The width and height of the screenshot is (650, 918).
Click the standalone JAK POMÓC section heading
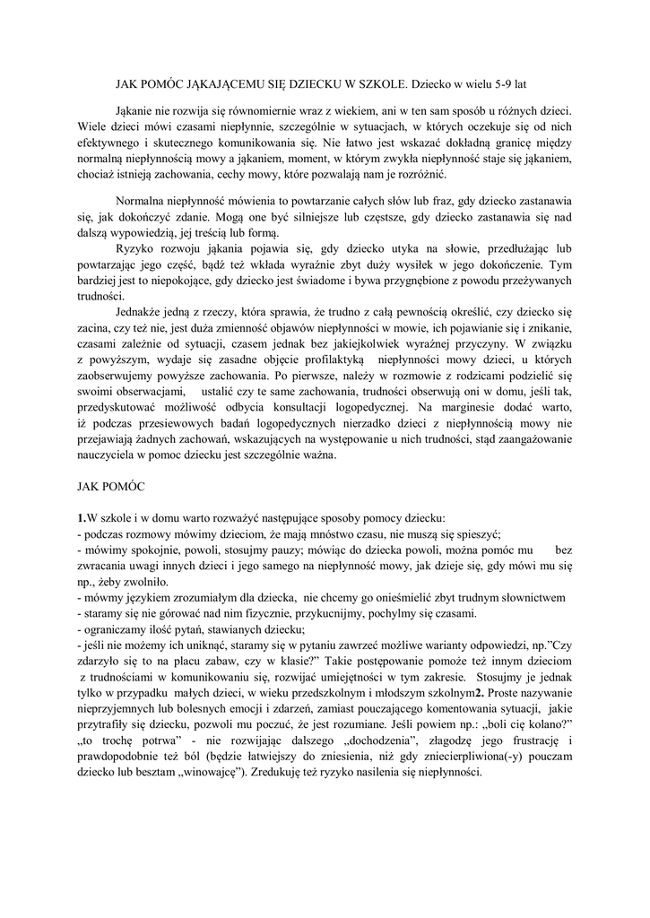click(x=108, y=486)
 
